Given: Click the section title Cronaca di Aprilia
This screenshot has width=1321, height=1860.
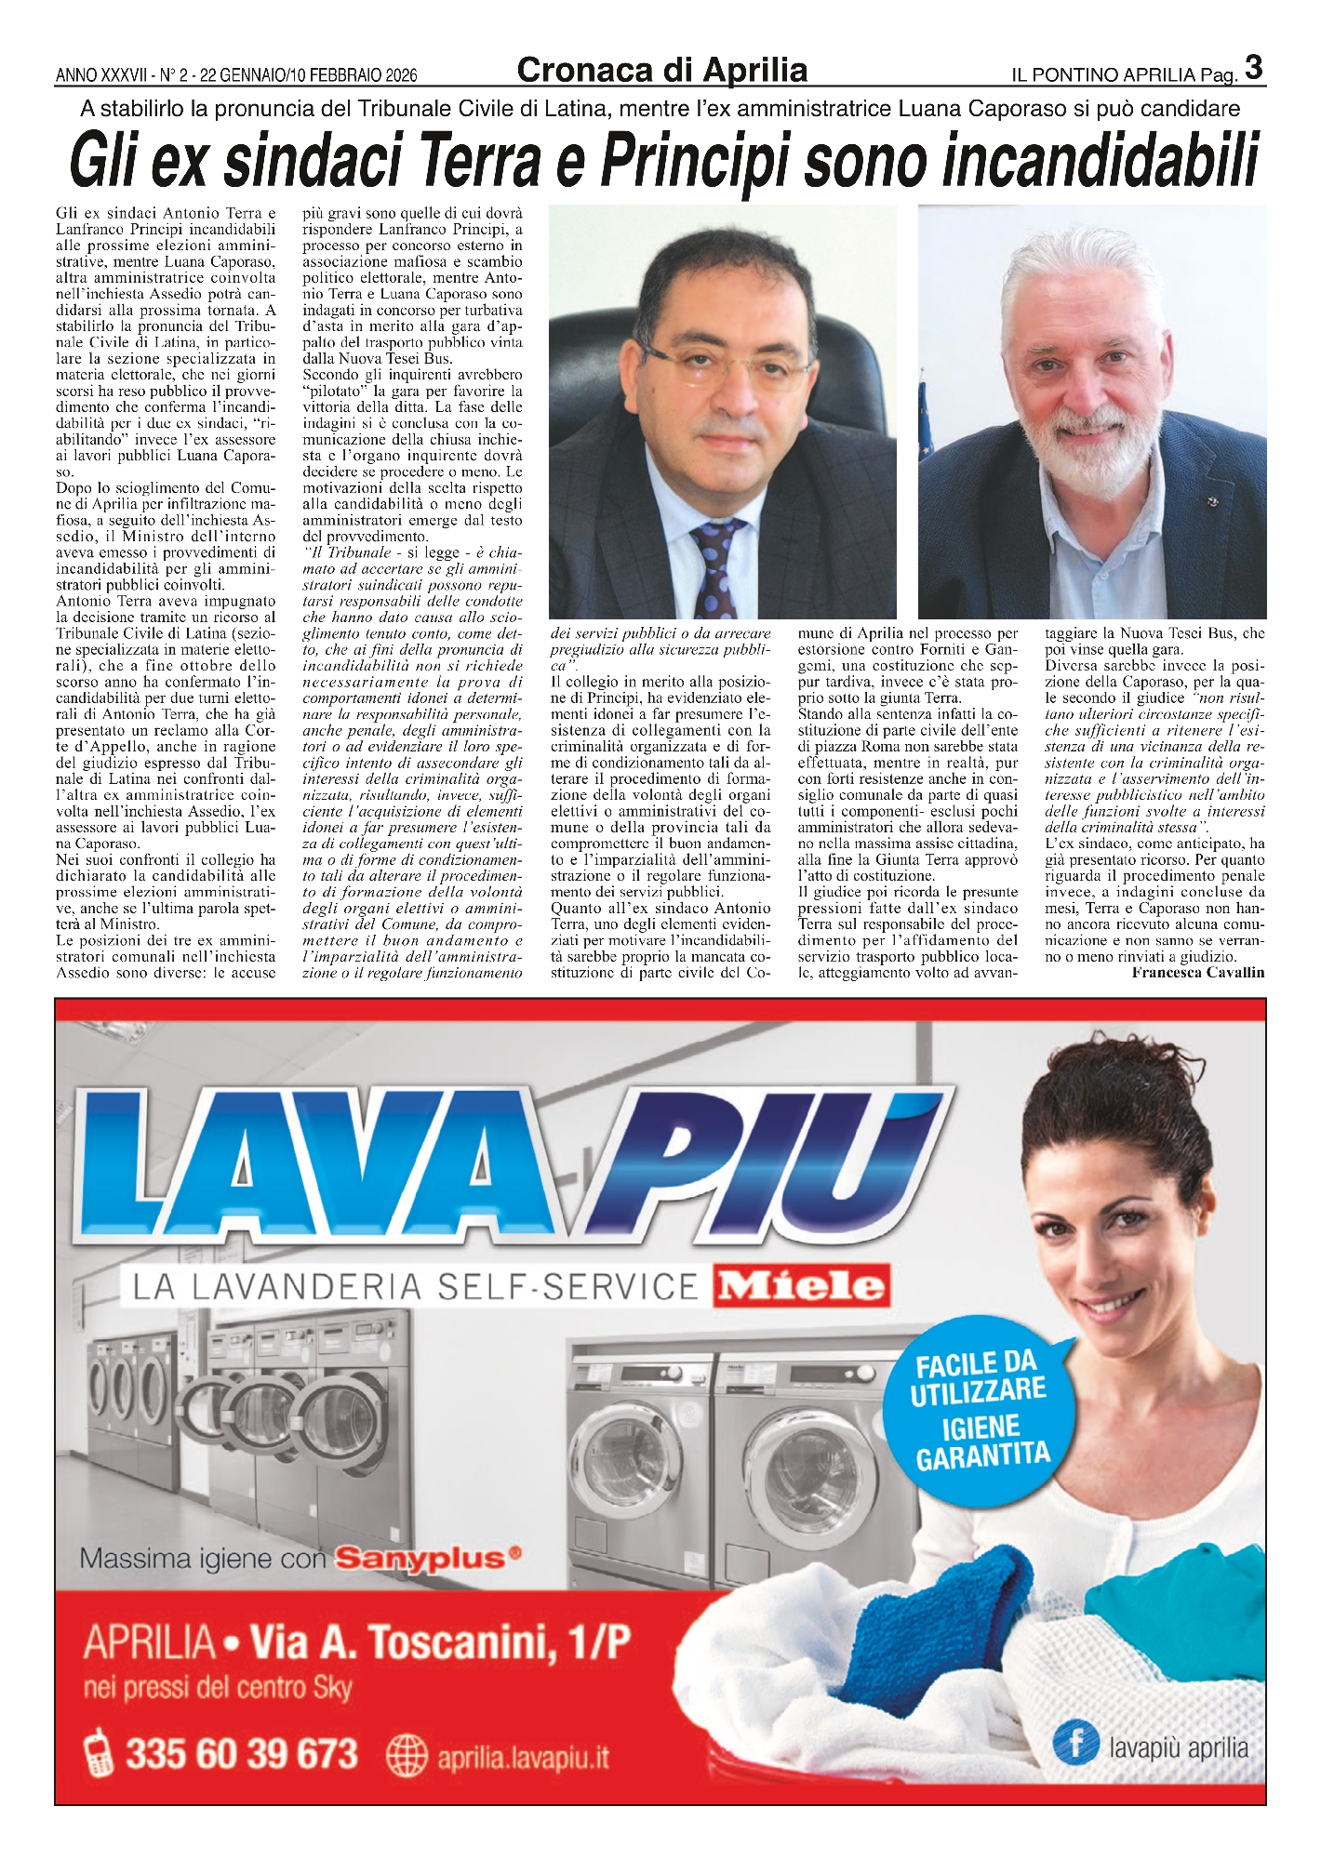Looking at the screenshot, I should [x=661, y=71].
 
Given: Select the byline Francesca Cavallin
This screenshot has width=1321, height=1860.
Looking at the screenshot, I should [x=1198, y=973].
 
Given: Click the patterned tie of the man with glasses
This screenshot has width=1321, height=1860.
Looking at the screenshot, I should [x=715, y=566].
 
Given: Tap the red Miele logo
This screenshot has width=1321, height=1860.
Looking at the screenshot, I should [x=801, y=1286].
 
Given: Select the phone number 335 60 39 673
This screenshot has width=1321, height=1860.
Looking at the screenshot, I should [x=241, y=1754].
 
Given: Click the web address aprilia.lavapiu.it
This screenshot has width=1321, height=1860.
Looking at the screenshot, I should [x=524, y=1758].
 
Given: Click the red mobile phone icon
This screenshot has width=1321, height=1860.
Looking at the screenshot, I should [x=99, y=1754].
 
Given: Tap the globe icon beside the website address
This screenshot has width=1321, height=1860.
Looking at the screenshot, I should [x=406, y=1757].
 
